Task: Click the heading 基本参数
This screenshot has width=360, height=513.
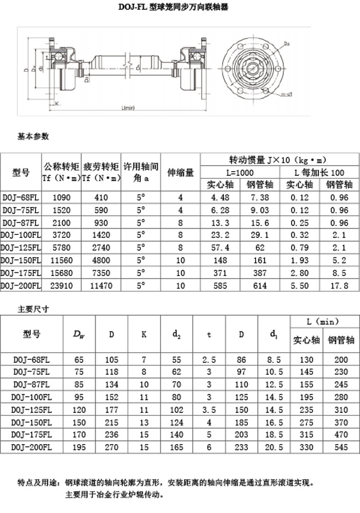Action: pyautogui.click(x=33, y=137)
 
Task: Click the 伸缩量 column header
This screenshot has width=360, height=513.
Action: pyautogui.click(x=180, y=172)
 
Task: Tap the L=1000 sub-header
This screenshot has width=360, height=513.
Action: pyautogui.click(x=240, y=172)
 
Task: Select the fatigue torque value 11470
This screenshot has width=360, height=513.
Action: pyautogui.click(x=101, y=285)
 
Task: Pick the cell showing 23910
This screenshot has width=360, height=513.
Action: pyautogui.click(x=61, y=285)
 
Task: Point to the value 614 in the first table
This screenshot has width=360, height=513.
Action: pyautogui.click(x=260, y=285)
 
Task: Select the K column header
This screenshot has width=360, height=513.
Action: pyautogui.click(x=144, y=334)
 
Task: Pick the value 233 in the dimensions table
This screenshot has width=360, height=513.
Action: pyautogui.click(x=241, y=447)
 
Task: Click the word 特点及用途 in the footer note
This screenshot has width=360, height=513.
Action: pyautogui.click(x=38, y=483)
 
